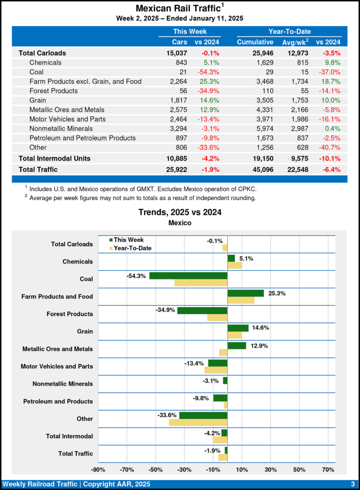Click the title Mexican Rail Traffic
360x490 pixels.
tap(178, 9)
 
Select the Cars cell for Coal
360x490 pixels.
tap(182, 72)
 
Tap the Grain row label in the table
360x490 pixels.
tap(38, 100)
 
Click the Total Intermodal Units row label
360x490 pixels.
tap(55, 158)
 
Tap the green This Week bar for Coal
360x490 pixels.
tap(188, 276)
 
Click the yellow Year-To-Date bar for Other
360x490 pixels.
tap(198, 423)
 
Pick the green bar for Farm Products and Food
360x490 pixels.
tap(245, 293)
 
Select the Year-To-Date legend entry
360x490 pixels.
tap(131, 248)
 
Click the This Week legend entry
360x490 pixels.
tap(126, 240)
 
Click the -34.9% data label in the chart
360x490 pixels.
tap(165, 311)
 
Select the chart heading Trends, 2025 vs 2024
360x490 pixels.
tap(180, 212)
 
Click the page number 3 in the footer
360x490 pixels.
tap(352, 484)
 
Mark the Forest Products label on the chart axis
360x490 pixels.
tap(70, 314)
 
